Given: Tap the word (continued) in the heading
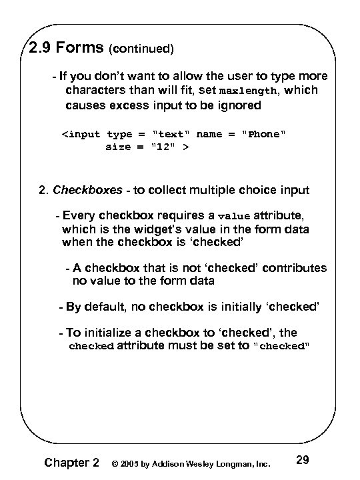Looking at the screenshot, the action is pos(141,49).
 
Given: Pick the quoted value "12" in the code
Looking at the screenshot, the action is pos(163,147).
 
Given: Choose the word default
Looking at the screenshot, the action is pos(102,307).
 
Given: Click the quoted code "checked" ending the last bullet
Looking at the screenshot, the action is pos(282,347).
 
